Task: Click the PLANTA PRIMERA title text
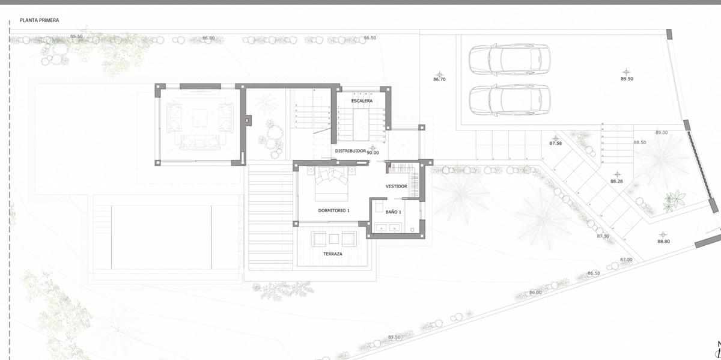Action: pyautogui.click(x=39, y=20)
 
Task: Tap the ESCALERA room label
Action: pyautogui.click(x=362, y=101)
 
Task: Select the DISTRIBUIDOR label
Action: pyautogui.click(x=350, y=151)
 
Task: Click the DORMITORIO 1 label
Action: pyautogui.click(x=333, y=210)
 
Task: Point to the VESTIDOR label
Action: pyautogui.click(x=396, y=186)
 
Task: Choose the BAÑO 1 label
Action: pyautogui.click(x=393, y=212)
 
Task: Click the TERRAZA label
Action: pyautogui.click(x=332, y=254)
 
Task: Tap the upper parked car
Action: pyautogui.click(x=510, y=59)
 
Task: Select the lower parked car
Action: pyautogui.click(x=510, y=100)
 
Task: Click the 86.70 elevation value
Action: pyautogui.click(x=439, y=79)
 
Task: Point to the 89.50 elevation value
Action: pyautogui.click(x=627, y=79)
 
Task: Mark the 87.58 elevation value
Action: pyautogui.click(x=556, y=144)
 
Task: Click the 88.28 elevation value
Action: pyautogui.click(x=616, y=181)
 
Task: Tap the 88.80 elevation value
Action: pyautogui.click(x=663, y=241)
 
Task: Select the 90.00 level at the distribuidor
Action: pyautogui.click(x=373, y=153)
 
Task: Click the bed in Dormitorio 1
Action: pyautogui.click(x=329, y=184)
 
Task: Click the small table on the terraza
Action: pyautogui.click(x=333, y=239)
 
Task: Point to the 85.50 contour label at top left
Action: pyautogui.click(x=76, y=37)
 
